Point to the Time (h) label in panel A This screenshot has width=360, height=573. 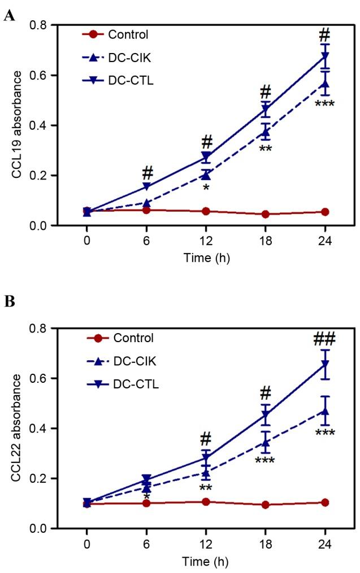tap(206, 257)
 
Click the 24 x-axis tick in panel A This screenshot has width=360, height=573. tap(324, 240)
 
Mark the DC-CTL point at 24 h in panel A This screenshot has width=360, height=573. tap(324, 56)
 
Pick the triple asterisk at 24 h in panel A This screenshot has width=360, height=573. tap(324, 104)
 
